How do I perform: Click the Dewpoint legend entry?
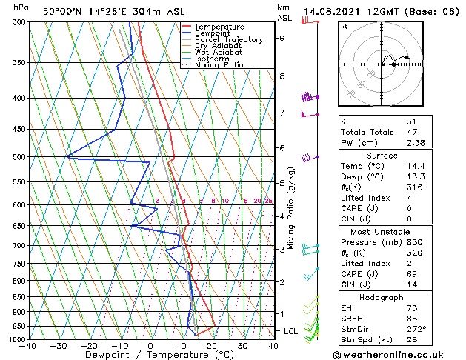(x=213, y=33)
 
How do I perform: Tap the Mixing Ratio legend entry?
(x=219, y=65)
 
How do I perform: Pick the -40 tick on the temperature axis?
(x=28, y=346)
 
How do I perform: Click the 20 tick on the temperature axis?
(x=211, y=346)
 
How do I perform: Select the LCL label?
(x=290, y=331)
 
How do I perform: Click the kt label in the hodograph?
(x=345, y=27)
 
